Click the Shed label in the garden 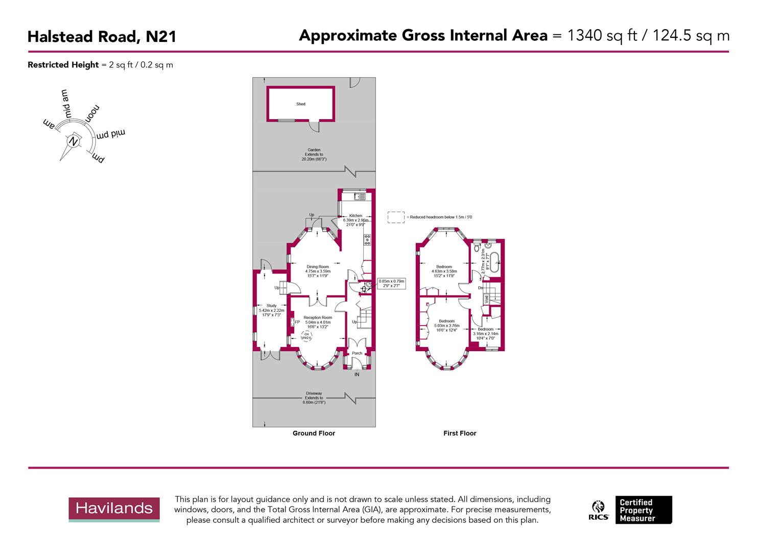pos(301,104)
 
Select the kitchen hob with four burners pos(367,239)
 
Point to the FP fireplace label pos(297,322)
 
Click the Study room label pos(271,306)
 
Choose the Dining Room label pos(318,267)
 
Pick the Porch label pos(357,353)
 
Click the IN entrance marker pos(357,375)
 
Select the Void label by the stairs pos(486,298)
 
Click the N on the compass pos(74,142)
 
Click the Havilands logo pos(114,509)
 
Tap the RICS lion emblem pos(598,507)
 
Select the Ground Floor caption pos(314,433)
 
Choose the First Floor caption pos(460,433)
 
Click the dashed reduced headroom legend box pos(395,217)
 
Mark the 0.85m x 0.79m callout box pos(391,283)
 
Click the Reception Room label pos(318,317)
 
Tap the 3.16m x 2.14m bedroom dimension pos(486,334)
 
